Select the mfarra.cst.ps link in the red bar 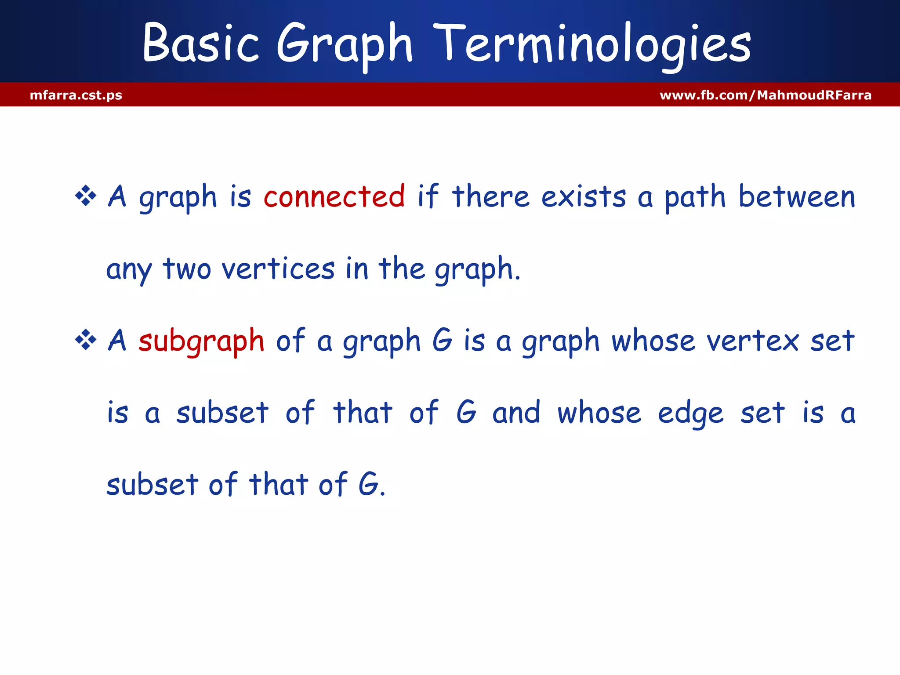click(x=76, y=95)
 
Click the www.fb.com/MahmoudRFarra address click(x=765, y=95)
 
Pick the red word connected click(x=334, y=196)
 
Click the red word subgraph click(x=201, y=341)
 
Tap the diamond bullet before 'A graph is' click(x=86, y=196)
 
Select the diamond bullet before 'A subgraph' click(x=86, y=340)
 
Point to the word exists click(x=583, y=196)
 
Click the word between click(x=796, y=196)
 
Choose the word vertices click(x=278, y=269)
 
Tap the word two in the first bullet click(x=187, y=269)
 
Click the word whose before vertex click(x=653, y=341)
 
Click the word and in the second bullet click(x=516, y=413)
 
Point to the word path click(x=694, y=196)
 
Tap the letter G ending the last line click(x=368, y=484)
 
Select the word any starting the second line click(x=128, y=269)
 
